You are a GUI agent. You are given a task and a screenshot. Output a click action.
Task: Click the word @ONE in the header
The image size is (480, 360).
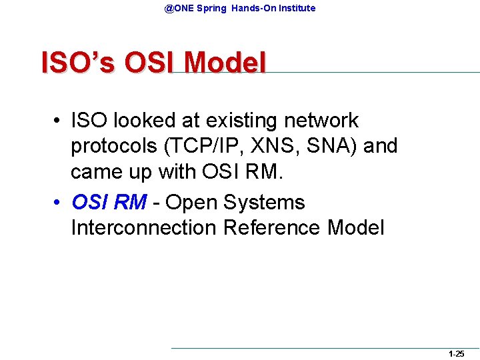(177, 8)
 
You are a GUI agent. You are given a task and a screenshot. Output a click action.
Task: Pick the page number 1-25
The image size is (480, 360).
(457, 354)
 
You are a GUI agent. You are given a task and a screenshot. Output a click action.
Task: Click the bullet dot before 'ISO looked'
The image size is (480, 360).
(59, 121)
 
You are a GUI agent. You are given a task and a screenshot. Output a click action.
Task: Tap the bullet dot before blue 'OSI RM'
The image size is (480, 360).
(59, 203)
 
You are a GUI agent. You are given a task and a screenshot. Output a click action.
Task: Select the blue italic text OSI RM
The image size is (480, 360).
(109, 202)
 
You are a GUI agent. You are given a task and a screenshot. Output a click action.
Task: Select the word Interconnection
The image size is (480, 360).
(144, 227)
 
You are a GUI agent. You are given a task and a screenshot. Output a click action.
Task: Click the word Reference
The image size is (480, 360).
(273, 227)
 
